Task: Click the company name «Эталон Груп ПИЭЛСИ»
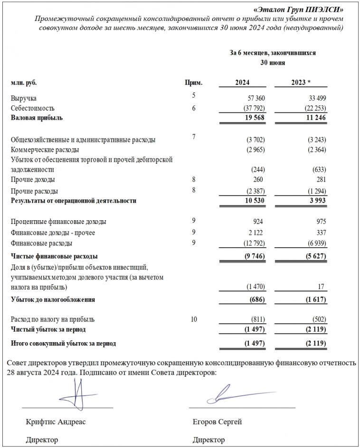click(305, 9)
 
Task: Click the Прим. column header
click(193, 82)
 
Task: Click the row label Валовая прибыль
click(37, 117)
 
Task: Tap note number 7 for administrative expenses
click(194, 137)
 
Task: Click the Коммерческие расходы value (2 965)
click(253, 150)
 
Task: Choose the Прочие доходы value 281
click(320, 179)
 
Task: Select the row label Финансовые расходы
click(41, 243)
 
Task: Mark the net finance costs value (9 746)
click(252, 255)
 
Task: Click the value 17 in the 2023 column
click(322, 287)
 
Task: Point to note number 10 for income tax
click(194, 319)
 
